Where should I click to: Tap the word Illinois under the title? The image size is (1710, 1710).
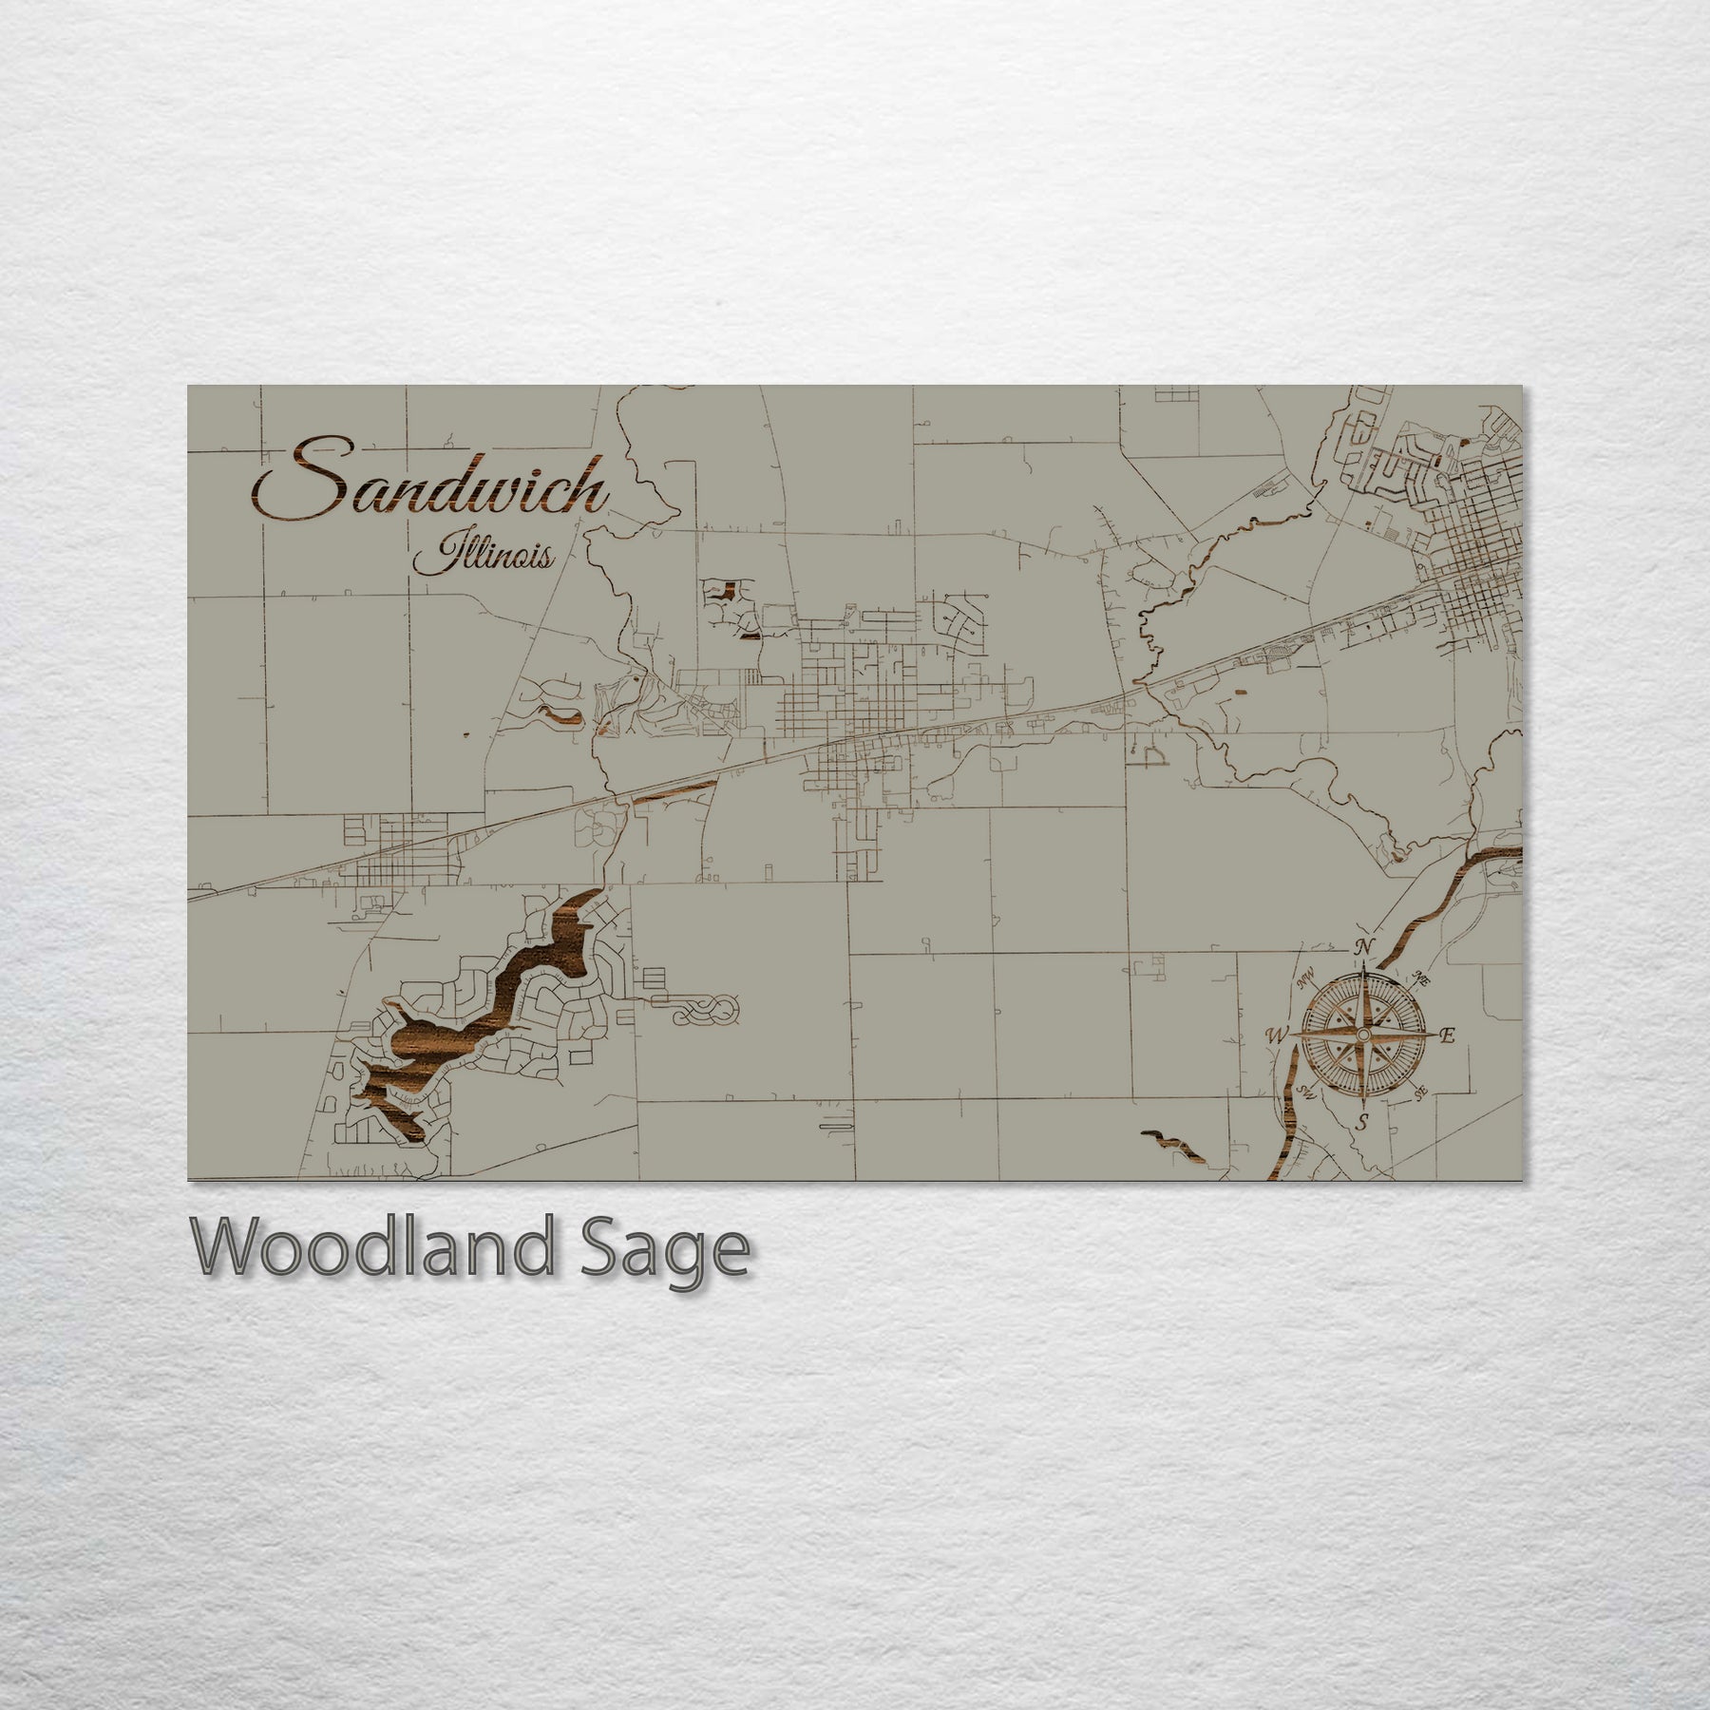(484, 556)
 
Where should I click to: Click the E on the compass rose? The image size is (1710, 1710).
(1447, 1036)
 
